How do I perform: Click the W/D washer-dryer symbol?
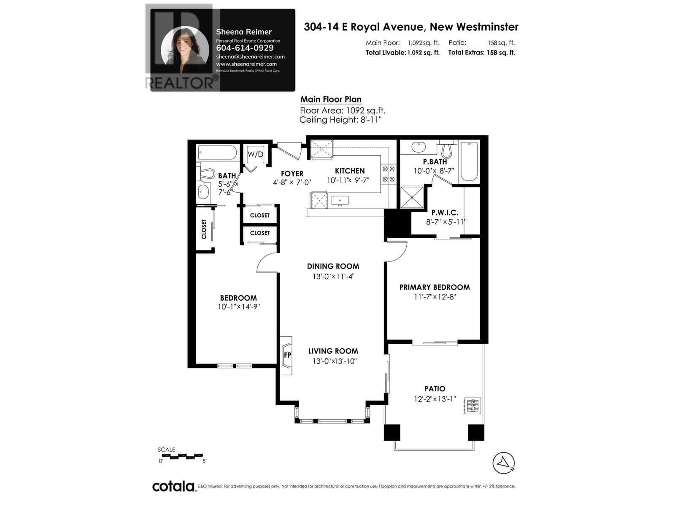[x=255, y=154]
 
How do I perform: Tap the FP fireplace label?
[x=287, y=355]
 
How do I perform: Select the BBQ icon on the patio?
[x=472, y=405]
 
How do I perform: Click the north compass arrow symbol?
[x=504, y=463]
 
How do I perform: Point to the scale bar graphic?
[x=182, y=456]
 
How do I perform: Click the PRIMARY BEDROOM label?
[x=435, y=287]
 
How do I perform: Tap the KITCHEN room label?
[x=350, y=171]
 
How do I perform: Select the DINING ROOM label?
[x=333, y=266]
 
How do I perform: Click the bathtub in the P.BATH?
[x=469, y=161]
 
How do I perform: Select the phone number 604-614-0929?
[x=245, y=48]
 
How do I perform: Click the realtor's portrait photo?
[x=185, y=50]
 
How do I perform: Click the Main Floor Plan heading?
[x=331, y=100]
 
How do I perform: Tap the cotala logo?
[x=173, y=486]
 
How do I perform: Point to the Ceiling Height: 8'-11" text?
[x=340, y=120]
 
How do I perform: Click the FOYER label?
[x=292, y=174]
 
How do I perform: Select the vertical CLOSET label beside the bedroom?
[x=204, y=229]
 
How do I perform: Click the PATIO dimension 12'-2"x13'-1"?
[x=435, y=399]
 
